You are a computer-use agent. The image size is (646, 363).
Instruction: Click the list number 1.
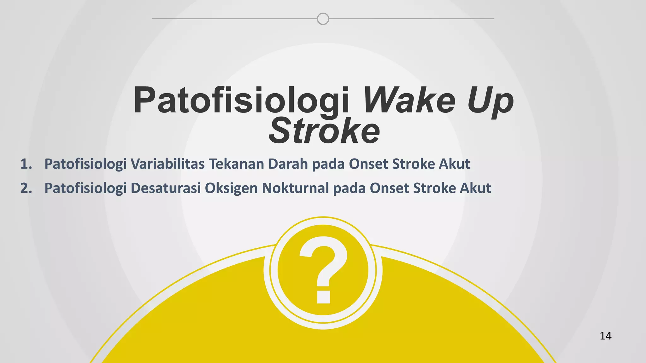coord(26,164)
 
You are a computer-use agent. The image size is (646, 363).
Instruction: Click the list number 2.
coord(26,188)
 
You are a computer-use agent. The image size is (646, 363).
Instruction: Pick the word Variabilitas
coord(167,164)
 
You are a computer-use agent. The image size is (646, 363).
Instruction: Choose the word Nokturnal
coord(295,188)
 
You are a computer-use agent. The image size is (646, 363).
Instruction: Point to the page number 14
coord(605,336)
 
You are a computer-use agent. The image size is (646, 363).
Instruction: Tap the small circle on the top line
coord(323,19)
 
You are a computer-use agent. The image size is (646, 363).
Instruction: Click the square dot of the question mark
coord(323,297)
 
